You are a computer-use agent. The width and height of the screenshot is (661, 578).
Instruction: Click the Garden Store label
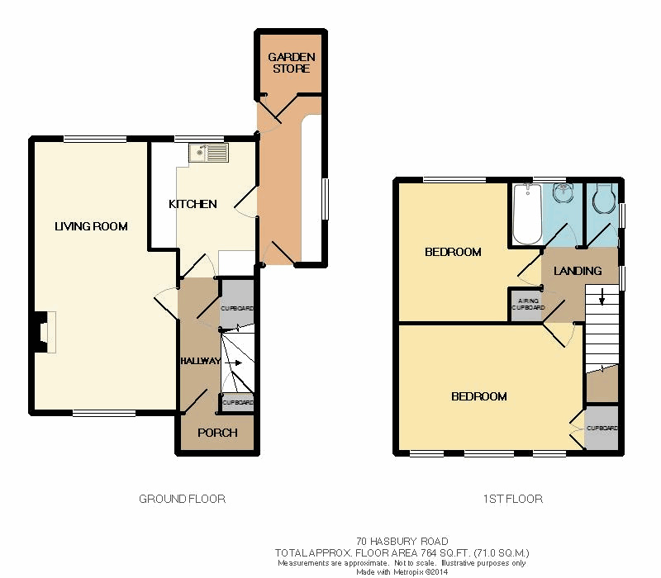click(x=292, y=63)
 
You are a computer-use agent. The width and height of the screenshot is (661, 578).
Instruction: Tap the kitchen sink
click(x=209, y=153)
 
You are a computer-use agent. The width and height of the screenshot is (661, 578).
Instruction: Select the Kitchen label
click(x=193, y=204)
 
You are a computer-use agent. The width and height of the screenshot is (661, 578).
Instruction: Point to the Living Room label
click(x=91, y=226)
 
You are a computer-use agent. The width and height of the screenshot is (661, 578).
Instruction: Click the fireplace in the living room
click(x=45, y=332)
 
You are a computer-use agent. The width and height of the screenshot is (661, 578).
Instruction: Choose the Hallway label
click(x=201, y=361)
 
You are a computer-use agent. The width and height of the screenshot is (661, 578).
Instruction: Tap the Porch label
click(x=217, y=433)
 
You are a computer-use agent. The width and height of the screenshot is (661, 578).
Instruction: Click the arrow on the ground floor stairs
click(x=233, y=362)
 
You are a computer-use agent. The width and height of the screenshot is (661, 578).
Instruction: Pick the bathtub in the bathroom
click(x=527, y=214)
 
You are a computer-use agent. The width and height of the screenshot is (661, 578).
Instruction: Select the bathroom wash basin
click(x=563, y=193)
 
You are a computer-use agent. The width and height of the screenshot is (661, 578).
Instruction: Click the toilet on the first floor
click(x=605, y=198)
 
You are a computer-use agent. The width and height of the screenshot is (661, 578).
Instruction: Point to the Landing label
click(x=578, y=271)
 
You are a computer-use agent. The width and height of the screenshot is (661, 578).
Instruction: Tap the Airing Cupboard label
click(x=528, y=304)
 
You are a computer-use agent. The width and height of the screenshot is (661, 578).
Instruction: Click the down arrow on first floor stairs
click(x=602, y=296)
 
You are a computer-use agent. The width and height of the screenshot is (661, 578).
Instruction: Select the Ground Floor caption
click(x=182, y=500)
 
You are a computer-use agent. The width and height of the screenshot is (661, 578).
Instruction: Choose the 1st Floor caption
click(x=512, y=500)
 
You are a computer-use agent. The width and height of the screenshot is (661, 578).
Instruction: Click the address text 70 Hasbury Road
click(x=402, y=542)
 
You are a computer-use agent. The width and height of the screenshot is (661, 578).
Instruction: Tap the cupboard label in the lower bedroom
click(x=602, y=428)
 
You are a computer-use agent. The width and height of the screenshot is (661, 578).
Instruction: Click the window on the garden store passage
click(x=326, y=199)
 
